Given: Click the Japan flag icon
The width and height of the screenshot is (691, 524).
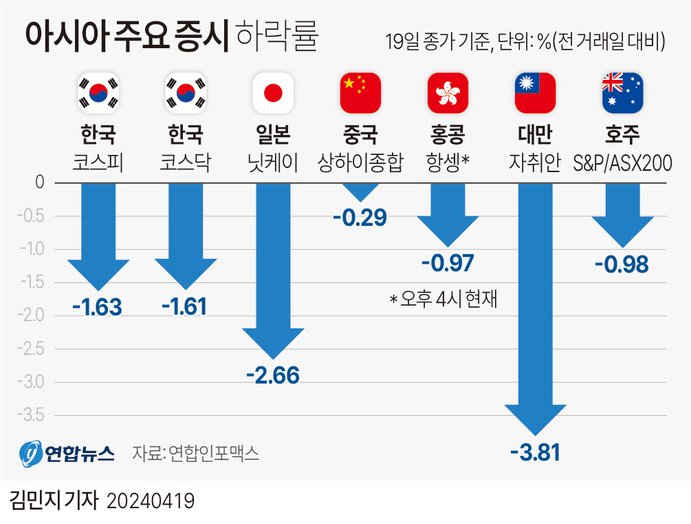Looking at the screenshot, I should click(x=274, y=92).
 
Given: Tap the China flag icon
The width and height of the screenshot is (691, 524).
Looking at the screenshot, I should click(x=360, y=92).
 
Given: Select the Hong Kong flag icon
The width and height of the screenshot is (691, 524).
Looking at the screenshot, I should click(x=448, y=92).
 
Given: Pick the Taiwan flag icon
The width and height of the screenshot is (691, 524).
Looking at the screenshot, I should click(x=535, y=92).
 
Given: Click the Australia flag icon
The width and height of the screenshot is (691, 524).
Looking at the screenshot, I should click(x=622, y=92).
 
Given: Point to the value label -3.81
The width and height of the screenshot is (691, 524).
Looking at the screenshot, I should click(x=535, y=453).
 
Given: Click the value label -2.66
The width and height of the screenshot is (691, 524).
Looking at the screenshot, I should click(x=273, y=375).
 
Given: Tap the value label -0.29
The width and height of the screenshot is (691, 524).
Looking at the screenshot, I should click(x=360, y=218).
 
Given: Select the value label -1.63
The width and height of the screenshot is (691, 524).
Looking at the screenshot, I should click(x=97, y=306).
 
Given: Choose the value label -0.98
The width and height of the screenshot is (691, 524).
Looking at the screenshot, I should click(x=622, y=264).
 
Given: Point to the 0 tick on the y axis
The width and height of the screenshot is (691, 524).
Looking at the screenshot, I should click(x=39, y=182).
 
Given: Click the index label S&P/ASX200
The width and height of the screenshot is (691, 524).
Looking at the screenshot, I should click(x=622, y=163).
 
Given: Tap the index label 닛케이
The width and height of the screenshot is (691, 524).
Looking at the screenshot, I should click(x=274, y=163).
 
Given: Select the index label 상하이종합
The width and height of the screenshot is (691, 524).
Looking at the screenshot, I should click(x=360, y=163).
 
